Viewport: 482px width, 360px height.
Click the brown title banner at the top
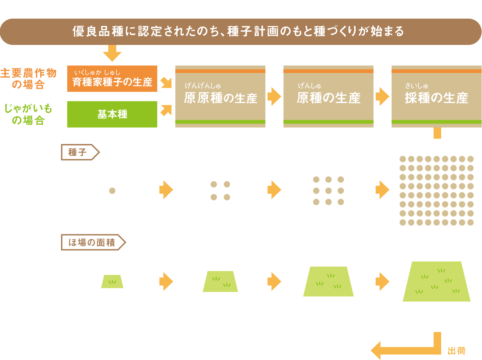pos(241,32)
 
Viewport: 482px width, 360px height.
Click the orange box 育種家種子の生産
pos(112,79)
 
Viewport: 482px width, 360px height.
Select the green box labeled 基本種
pos(112,114)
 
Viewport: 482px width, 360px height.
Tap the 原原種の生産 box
pos(220,96)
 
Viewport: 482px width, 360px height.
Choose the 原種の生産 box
pos(328,96)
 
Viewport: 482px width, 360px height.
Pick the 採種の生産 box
pos(437,96)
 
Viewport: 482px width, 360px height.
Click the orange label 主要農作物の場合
pos(28,79)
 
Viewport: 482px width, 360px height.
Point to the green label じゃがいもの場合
pos(28,114)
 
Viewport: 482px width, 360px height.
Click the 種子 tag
pos(80,152)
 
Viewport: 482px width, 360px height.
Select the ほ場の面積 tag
pos(93,242)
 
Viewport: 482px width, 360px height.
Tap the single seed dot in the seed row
pos(112,190)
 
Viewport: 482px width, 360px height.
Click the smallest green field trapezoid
pos(112,281)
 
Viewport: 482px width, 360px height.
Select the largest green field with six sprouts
pos(437,281)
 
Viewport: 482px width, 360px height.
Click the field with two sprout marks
pos(220,281)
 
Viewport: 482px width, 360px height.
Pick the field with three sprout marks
pos(328,281)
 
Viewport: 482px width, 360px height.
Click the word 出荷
pos(457,351)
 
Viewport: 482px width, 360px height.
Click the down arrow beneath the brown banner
pos(112,53)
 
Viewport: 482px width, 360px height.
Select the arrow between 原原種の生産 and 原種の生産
pos(274,96)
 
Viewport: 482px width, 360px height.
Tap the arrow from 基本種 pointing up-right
pos(166,110)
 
